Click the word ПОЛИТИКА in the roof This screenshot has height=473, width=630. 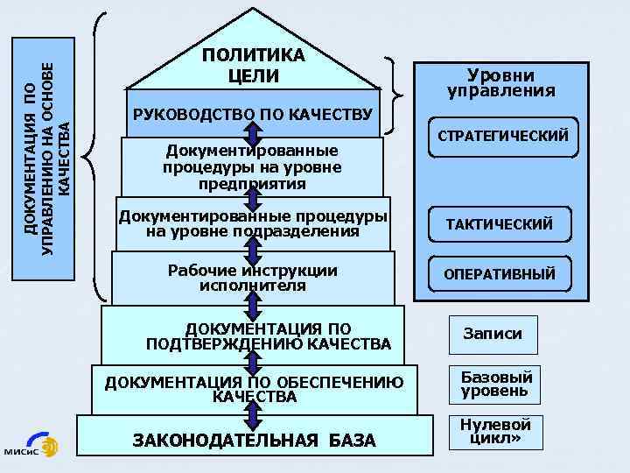(x=253, y=55)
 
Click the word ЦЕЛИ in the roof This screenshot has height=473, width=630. (x=253, y=76)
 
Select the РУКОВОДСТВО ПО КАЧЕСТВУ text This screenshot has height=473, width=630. (x=252, y=115)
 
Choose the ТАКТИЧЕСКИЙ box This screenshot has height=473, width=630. (x=500, y=225)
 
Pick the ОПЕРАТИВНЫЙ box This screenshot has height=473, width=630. (x=500, y=274)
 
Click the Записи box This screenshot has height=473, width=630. (x=493, y=334)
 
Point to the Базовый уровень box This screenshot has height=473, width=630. (x=495, y=384)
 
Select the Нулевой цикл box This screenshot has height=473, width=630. (x=495, y=431)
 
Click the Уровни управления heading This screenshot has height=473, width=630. (x=500, y=82)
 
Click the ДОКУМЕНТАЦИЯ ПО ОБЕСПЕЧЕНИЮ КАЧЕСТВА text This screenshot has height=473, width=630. (x=254, y=389)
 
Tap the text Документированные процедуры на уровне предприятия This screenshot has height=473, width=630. (x=252, y=167)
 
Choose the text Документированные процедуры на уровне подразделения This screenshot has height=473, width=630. (x=253, y=224)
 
